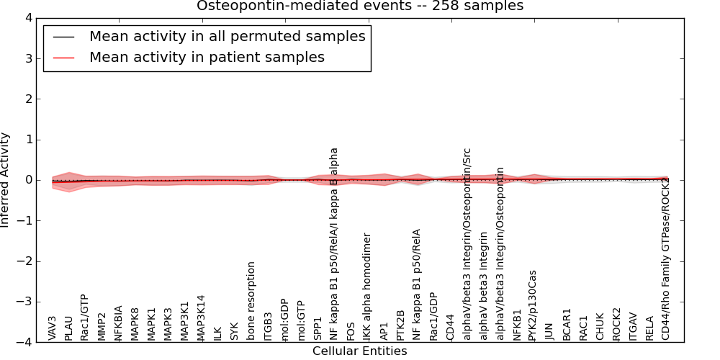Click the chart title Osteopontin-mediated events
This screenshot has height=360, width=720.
pos(360,6)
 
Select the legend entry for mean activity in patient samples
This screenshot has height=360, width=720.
pos(207,57)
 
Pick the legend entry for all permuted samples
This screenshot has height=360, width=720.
pos(227,36)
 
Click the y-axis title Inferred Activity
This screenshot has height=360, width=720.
pos(6,180)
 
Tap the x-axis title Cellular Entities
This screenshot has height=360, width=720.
pos(359,351)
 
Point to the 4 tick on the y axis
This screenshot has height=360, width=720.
pos(29,18)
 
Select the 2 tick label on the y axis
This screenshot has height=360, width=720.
pos(29,99)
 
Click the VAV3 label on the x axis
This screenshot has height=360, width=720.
pos(53,328)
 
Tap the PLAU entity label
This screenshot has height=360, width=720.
pos(69,328)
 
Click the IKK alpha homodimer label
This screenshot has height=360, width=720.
pos(367,287)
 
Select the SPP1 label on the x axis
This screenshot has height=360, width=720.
pos(318,328)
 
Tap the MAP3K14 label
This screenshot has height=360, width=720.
pos(202,317)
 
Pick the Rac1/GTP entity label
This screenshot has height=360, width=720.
pos(85,317)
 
